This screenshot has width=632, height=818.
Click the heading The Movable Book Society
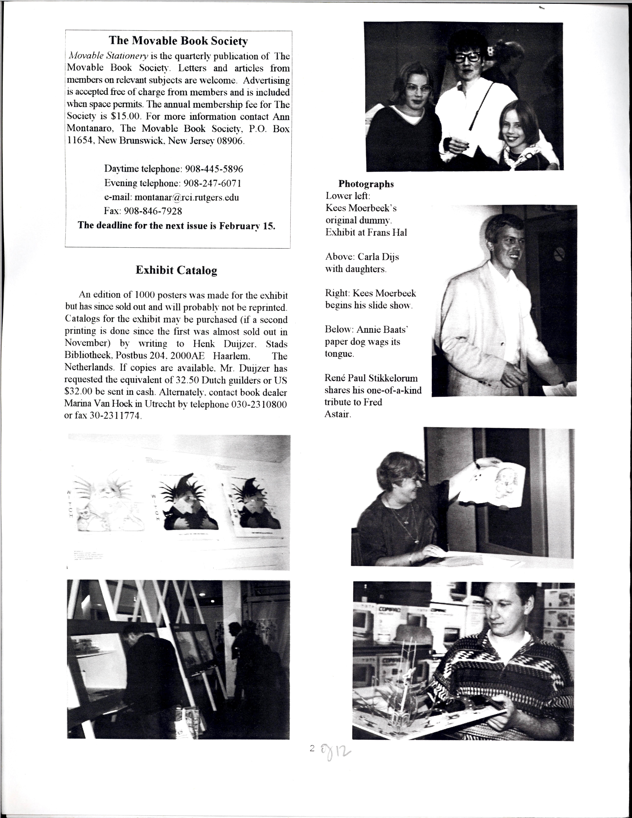point(178,40)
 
